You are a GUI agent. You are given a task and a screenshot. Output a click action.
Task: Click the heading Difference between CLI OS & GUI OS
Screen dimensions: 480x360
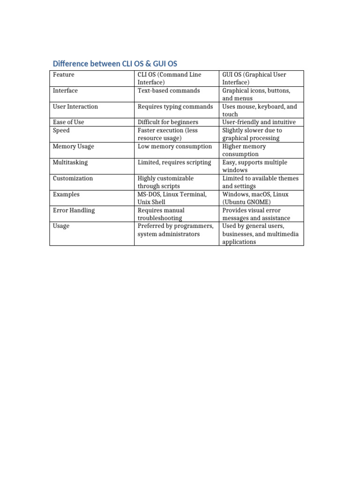pyautogui.click(x=115, y=63)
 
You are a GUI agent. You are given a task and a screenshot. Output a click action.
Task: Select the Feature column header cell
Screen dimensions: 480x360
pyautogui.click(x=64, y=75)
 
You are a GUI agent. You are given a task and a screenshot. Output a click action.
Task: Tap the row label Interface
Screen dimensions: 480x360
pyautogui.click(x=65, y=90)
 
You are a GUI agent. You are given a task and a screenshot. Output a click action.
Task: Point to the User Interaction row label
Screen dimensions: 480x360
pyautogui.click(x=75, y=106)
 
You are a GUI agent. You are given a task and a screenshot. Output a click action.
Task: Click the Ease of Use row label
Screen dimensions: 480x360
pyautogui.click(x=68, y=122)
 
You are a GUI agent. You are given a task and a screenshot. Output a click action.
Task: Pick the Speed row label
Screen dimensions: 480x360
pyautogui.click(x=61, y=130)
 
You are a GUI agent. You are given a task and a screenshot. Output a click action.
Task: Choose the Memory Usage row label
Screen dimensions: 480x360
pyautogui.click(x=73, y=146)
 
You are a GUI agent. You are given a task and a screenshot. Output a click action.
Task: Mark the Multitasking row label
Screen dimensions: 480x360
pyautogui.click(x=70, y=162)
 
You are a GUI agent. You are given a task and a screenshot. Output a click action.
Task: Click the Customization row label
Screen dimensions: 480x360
pyautogui.click(x=73, y=178)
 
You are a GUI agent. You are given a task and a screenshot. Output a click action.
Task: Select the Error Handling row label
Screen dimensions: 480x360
pyautogui.click(x=74, y=210)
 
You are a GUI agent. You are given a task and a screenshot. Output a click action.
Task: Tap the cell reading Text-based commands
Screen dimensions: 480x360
pyautogui.click(x=169, y=90)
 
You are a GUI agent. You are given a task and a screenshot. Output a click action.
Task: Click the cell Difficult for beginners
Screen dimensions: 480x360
pyautogui.click(x=168, y=122)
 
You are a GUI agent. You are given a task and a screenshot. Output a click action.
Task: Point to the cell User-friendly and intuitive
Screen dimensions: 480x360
pyautogui.click(x=259, y=122)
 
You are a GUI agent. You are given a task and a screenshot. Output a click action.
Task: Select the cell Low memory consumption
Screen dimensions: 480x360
pyautogui.click(x=175, y=146)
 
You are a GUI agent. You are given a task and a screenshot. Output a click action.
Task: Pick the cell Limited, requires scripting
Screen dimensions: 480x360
pyautogui.click(x=174, y=162)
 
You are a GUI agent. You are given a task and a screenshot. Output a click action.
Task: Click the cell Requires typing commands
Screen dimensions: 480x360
pyautogui.click(x=175, y=106)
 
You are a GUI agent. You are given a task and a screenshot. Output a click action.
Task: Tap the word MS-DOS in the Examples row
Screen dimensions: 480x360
pyautogui.click(x=149, y=194)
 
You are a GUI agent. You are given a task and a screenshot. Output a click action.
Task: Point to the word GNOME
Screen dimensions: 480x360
pyautogui.click(x=259, y=202)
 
